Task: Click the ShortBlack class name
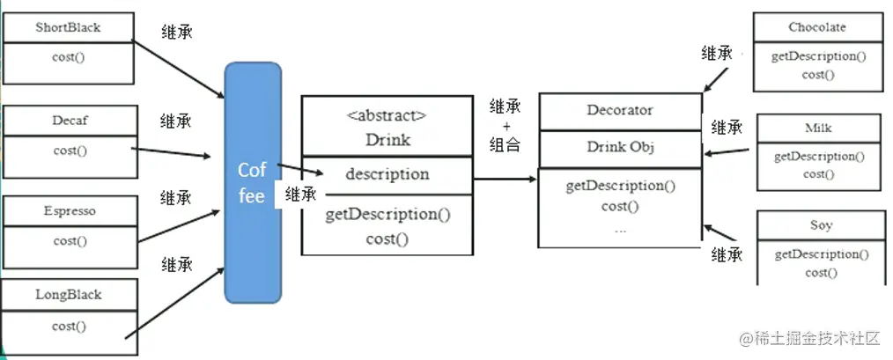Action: pos(68,27)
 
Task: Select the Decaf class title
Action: pos(69,119)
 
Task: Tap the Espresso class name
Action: pos(70,211)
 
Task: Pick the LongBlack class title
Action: pos(69,295)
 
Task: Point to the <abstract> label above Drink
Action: pos(387,114)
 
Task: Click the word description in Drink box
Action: pos(387,173)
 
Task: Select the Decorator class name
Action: pos(620,110)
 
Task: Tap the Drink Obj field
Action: pos(620,147)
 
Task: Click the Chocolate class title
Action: pos(817,27)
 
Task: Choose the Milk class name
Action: pos(818,129)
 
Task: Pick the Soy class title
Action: pos(821,225)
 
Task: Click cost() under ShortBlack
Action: pos(69,57)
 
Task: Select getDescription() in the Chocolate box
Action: pos(818,56)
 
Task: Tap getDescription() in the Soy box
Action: pos(821,254)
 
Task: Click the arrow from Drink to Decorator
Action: pos(505,179)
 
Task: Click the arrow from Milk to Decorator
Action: pos(730,151)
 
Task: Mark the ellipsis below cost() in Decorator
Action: pos(620,228)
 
